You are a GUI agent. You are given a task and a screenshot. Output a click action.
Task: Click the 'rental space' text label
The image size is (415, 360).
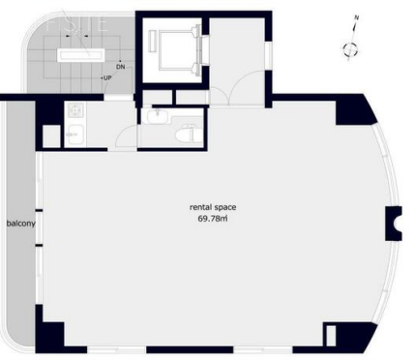[x=213, y=207]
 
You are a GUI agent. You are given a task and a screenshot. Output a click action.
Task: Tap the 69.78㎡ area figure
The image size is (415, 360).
[x=213, y=219]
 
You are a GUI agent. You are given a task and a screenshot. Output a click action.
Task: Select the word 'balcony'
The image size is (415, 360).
[x=21, y=224]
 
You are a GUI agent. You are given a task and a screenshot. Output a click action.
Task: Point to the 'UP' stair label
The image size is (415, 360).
[x=107, y=78]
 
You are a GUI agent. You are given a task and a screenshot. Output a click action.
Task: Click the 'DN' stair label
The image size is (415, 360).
[x=120, y=67]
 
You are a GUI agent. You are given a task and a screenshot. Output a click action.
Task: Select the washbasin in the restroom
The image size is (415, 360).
[x=158, y=116]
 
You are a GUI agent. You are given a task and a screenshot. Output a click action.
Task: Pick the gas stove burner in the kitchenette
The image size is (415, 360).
[x=75, y=110]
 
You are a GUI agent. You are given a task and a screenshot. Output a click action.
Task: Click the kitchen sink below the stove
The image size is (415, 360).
[x=75, y=135]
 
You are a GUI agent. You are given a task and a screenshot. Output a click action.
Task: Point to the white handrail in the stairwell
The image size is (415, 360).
[x=81, y=55]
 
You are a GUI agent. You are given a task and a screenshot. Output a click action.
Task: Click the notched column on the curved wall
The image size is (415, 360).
[x=394, y=224]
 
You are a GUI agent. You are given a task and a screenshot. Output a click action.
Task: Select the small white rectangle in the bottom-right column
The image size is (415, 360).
[x=331, y=336]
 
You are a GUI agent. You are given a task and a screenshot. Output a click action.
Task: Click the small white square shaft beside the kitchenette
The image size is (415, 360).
[x=51, y=135]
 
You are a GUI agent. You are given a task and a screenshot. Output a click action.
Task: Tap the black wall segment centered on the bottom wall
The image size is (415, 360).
[x=190, y=349]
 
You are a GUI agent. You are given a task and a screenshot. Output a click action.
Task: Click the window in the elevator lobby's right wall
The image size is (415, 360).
[x=269, y=56]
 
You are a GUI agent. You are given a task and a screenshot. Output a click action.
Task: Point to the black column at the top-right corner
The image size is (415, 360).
[x=354, y=109]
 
